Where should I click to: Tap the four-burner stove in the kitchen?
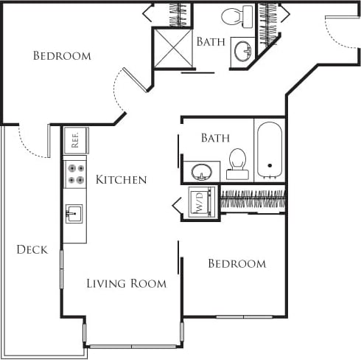coord(75,174)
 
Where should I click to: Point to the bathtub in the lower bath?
coord(270,150)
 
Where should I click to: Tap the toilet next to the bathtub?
coord(237,164)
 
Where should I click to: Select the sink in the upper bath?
coord(242,51)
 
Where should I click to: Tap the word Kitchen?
coord(121,179)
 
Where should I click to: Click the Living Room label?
coord(126,283)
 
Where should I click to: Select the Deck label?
coord(32,249)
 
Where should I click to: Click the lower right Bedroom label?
coord(236,263)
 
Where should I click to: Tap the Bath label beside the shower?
coord(211,41)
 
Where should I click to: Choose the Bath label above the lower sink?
coord(215,137)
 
